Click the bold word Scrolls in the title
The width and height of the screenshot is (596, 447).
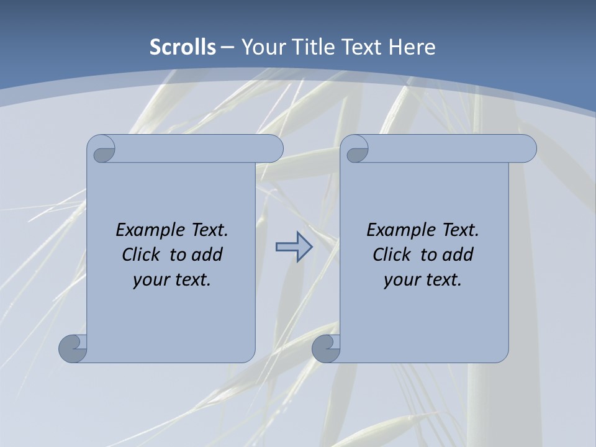click(x=183, y=47)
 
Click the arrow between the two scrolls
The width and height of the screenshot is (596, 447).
click(x=294, y=247)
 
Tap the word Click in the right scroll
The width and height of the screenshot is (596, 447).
click(x=392, y=255)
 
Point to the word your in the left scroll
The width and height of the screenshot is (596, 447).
click(x=150, y=280)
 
